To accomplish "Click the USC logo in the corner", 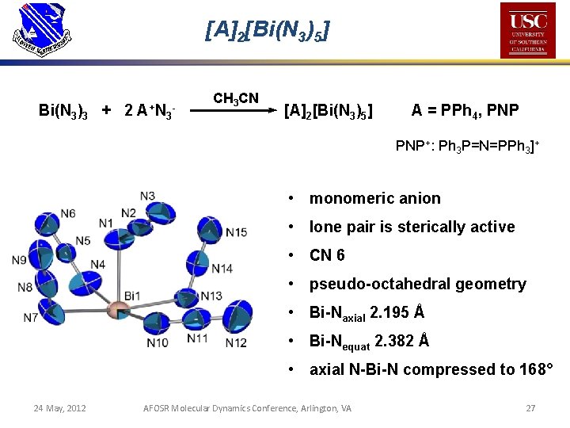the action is pos(528,30).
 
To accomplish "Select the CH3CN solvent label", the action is pos(235,98).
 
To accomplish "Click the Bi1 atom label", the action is pos(131,296).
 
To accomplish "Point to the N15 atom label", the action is pos(236,232).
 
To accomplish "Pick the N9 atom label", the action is pos(20,261).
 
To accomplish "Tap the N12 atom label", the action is pos(235,342).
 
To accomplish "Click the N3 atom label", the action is pos(147,196).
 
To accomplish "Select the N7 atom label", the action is pos(30,318).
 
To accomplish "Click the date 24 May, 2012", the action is pos(59,408).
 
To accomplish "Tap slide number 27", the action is pos(530,408).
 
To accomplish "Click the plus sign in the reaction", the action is pos(107,111).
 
